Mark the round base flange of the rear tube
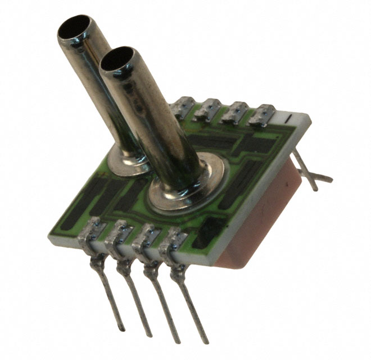(128, 160)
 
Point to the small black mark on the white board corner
(288, 119)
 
